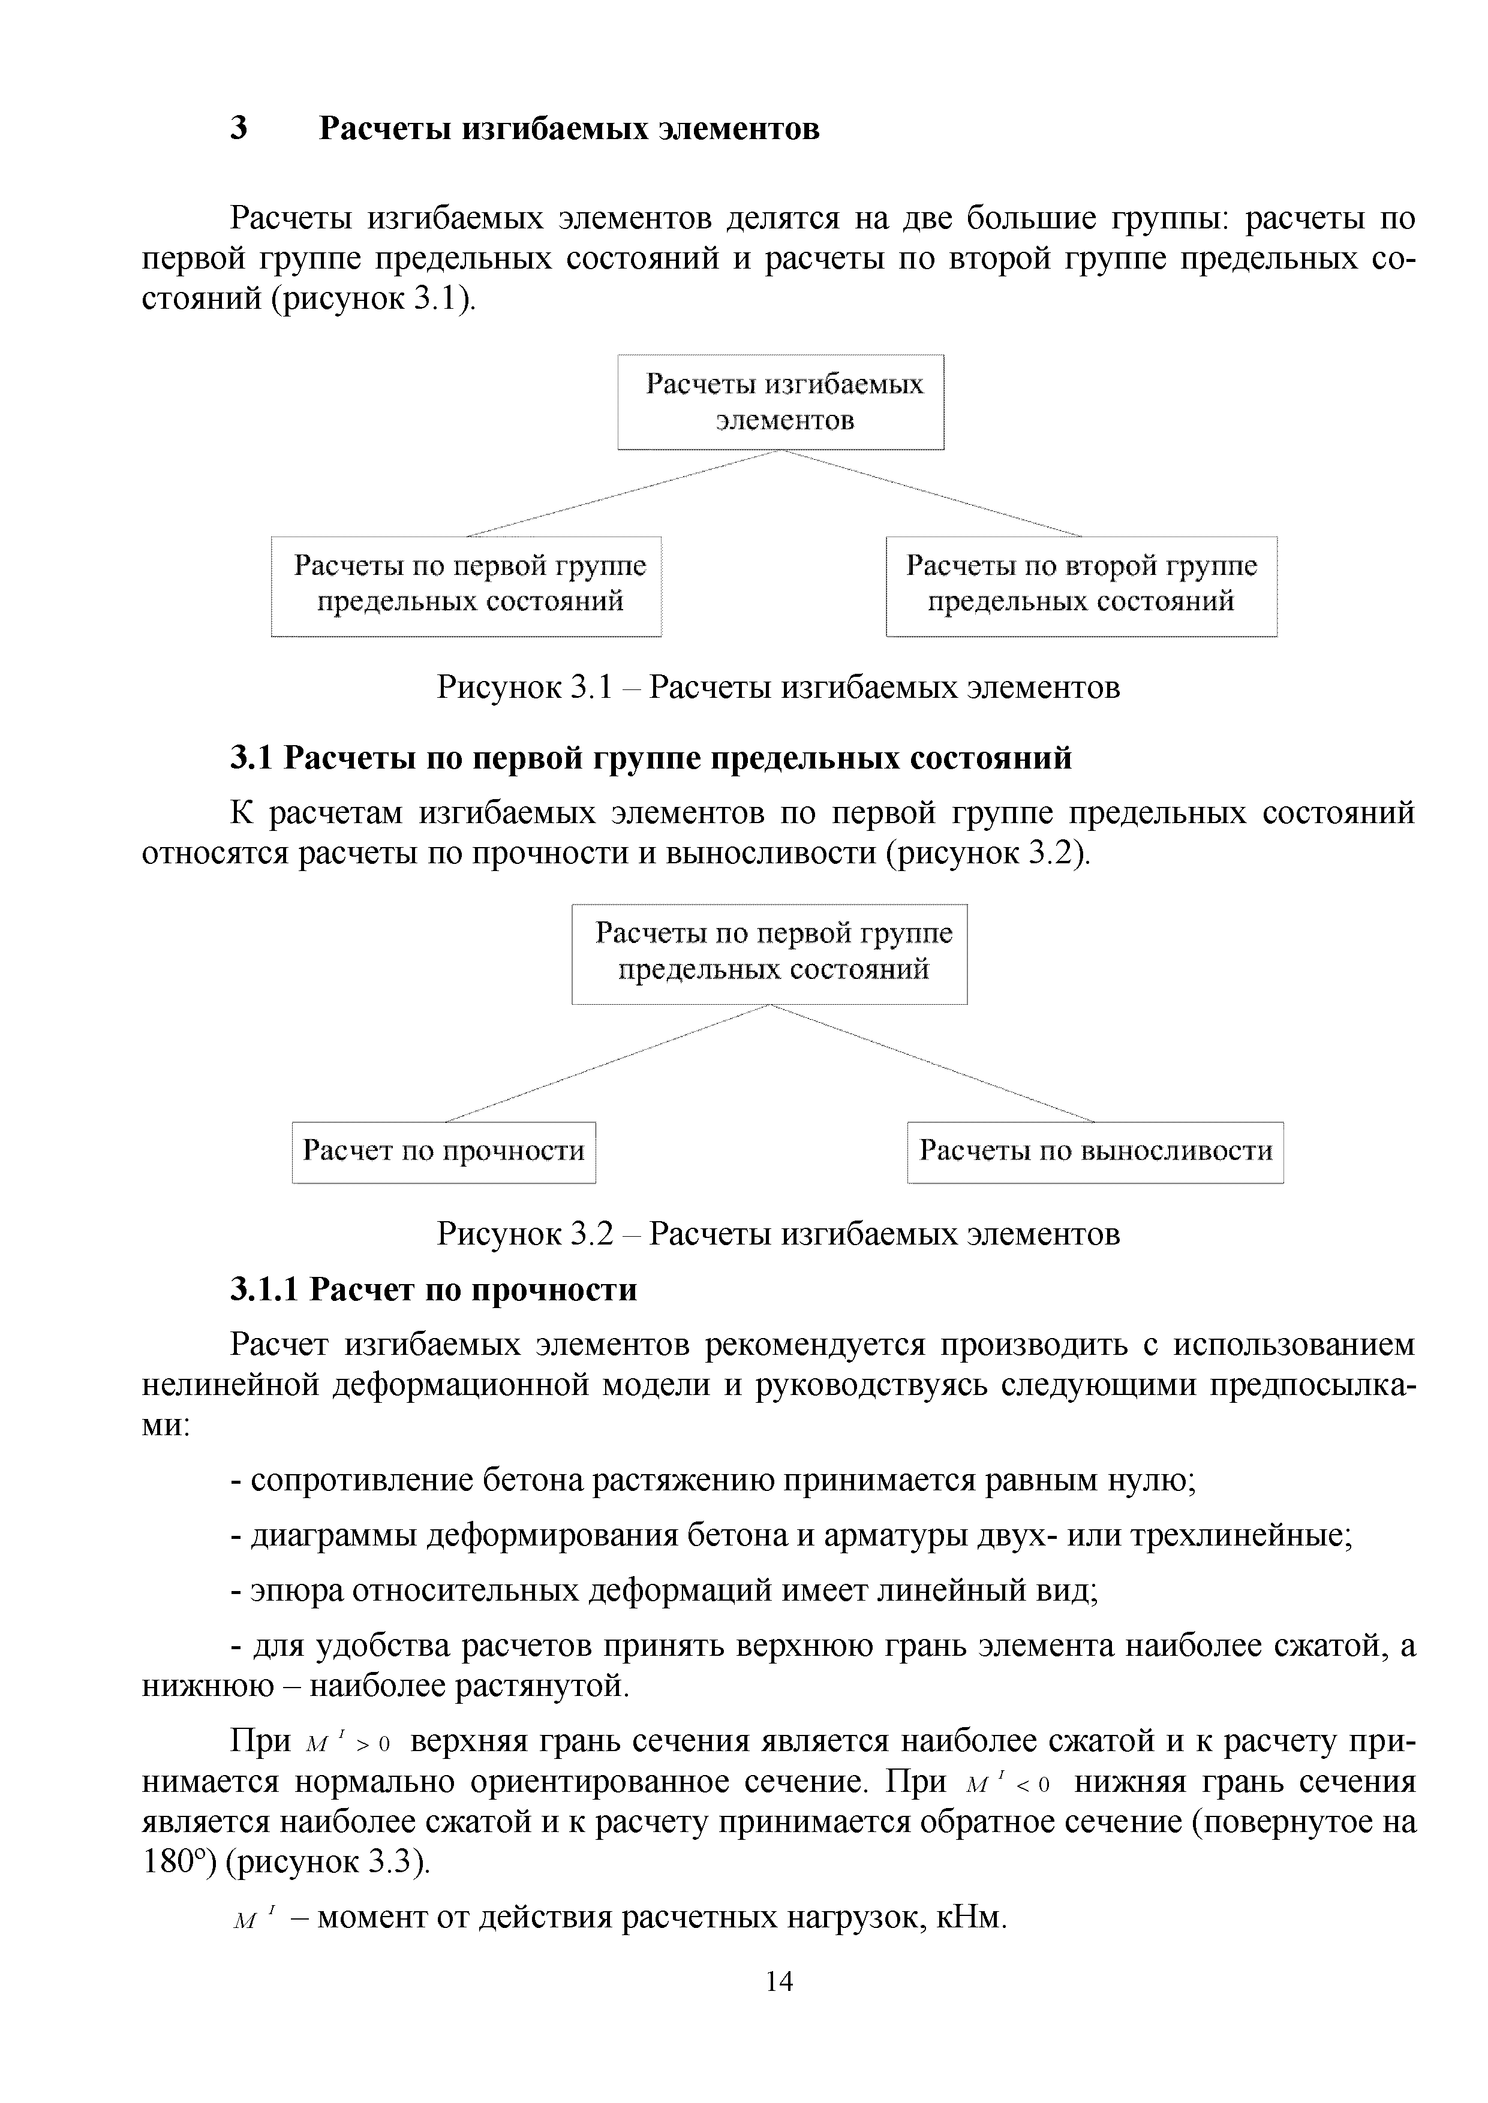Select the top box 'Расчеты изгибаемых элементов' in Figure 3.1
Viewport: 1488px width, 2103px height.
[x=781, y=402]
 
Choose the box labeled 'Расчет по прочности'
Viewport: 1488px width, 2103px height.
[x=443, y=1152]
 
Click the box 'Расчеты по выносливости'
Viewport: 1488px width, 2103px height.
[x=1095, y=1152]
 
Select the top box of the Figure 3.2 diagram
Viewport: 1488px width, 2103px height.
[x=769, y=954]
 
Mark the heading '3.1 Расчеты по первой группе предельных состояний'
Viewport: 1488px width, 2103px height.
[x=651, y=758]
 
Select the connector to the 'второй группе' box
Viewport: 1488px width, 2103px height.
[x=933, y=494]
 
